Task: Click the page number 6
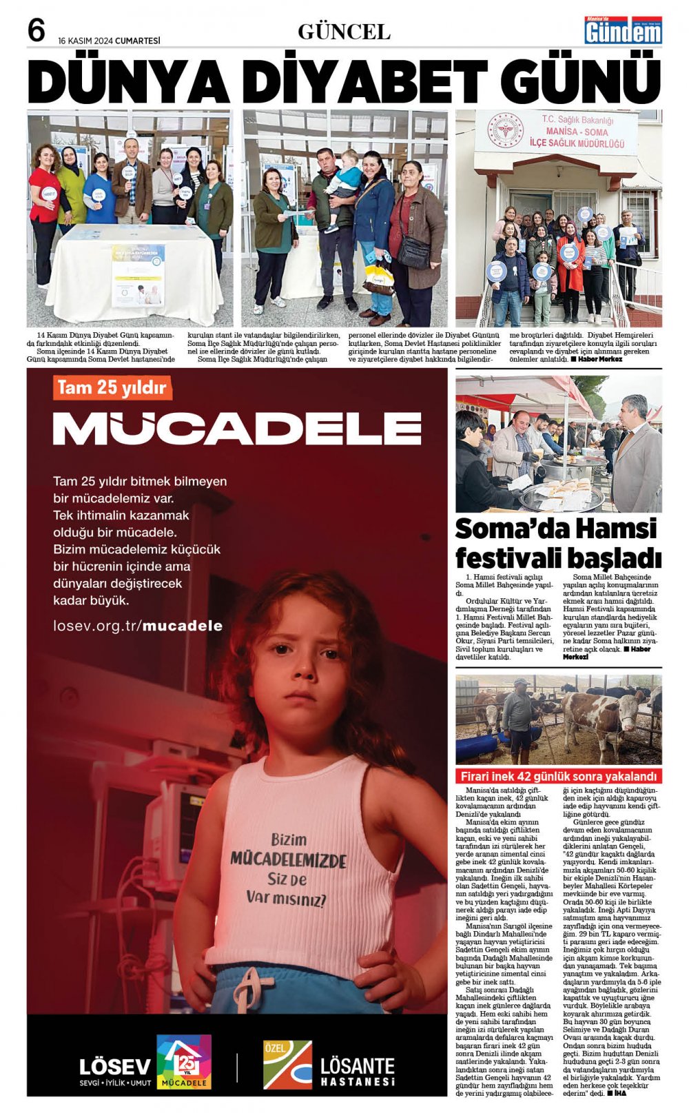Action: pyautogui.click(x=37, y=30)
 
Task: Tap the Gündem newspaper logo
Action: pyautogui.click(x=624, y=31)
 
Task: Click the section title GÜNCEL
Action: pyautogui.click(x=344, y=32)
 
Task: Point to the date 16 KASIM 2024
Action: pyautogui.click(x=109, y=41)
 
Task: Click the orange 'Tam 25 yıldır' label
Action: pyautogui.click(x=112, y=387)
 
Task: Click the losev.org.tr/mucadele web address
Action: pyautogui.click(x=138, y=626)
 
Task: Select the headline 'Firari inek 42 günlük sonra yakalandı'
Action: pyautogui.click(x=559, y=776)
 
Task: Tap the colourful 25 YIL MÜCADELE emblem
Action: pyautogui.click(x=184, y=1062)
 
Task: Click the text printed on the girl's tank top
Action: pyautogui.click(x=287, y=869)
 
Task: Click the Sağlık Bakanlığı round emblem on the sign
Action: pyautogui.click(x=505, y=132)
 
